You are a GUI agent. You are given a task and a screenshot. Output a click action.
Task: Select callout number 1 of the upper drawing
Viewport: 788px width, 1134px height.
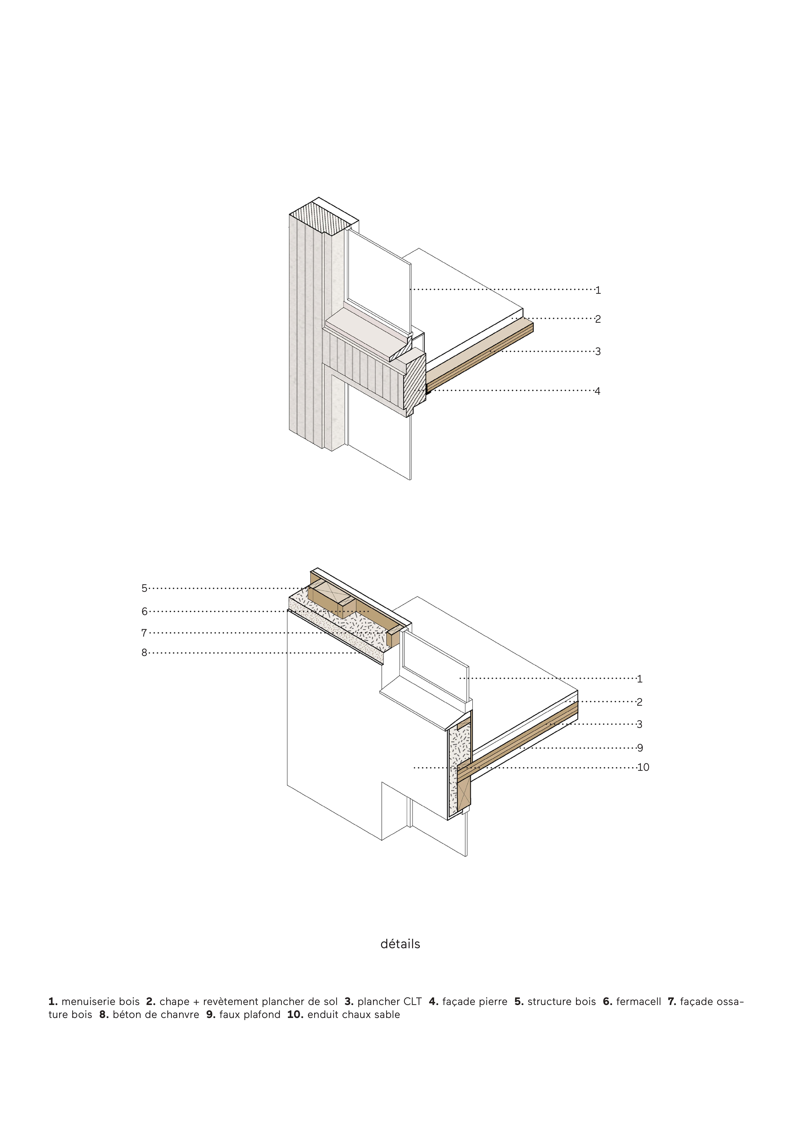click(598, 290)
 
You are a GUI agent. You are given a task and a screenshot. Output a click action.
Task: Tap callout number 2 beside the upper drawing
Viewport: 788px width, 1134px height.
click(598, 319)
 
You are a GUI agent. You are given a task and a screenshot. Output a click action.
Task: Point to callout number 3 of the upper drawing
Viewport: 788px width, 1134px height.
click(598, 351)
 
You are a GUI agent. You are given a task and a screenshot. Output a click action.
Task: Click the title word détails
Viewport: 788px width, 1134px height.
click(400, 944)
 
